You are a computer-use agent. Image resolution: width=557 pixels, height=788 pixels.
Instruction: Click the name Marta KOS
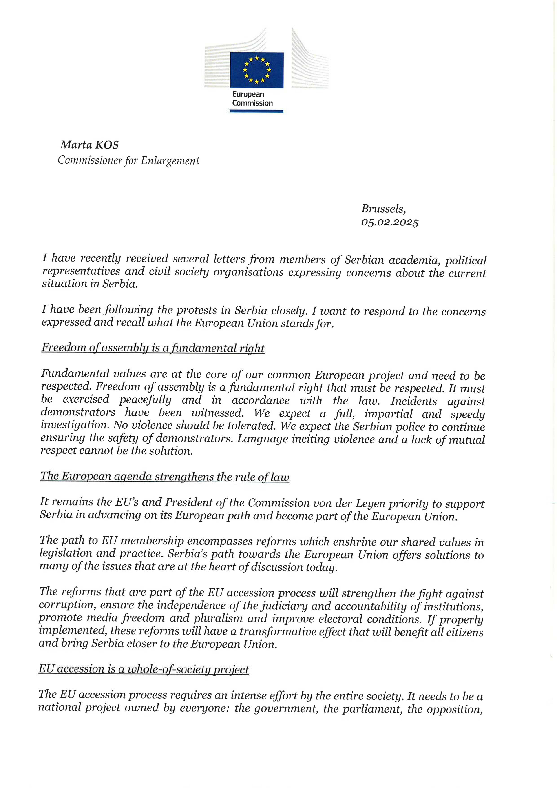90,145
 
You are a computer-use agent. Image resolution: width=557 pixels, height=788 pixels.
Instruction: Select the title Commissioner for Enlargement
128,161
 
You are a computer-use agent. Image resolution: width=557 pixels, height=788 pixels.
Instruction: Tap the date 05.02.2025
390,222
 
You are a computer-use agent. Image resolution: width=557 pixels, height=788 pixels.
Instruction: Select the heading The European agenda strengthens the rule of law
165,476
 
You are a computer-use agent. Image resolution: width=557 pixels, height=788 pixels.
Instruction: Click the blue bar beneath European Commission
256,111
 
